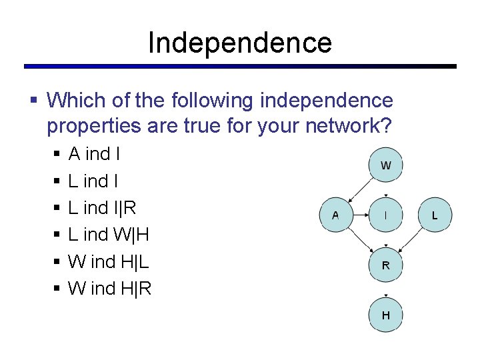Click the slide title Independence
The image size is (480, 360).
pyautogui.click(x=239, y=43)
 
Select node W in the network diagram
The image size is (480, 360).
pyautogui.click(x=385, y=165)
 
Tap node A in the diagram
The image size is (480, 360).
pyautogui.click(x=335, y=215)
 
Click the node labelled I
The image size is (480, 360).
pyautogui.click(x=385, y=215)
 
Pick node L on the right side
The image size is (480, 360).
pyautogui.click(x=435, y=215)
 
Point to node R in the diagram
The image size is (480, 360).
pyautogui.click(x=385, y=265)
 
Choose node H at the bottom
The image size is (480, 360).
pyautogui.click(x=385, y=315)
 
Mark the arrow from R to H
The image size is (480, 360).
pyautogui.click(x=385, y=290)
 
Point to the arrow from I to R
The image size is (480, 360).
pyautogui.click(x=385, y=240)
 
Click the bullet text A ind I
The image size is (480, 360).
pyautogui.click(x=94, y=154)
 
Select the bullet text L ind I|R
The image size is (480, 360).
pyautogui.click(x=102, y=208)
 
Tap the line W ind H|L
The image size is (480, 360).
pyautogui.click(x=109, y=262)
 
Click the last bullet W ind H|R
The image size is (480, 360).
pyautogui.click(x=110, y=289)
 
